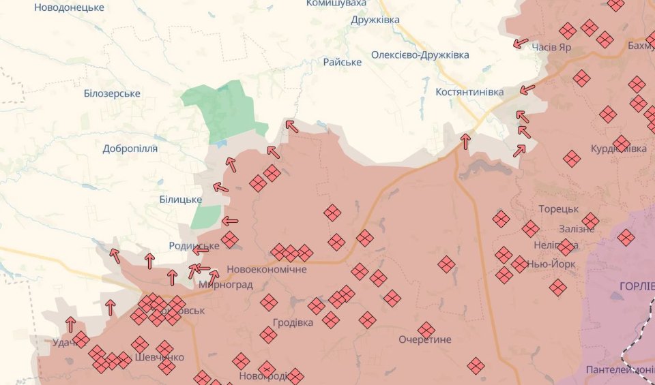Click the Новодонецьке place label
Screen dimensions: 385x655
click(70, 7)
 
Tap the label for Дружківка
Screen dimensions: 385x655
click(375, 20)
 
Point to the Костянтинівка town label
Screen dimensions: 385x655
click(469, 91)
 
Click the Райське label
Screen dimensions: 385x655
click(343, 62)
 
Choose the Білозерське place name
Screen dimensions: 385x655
click(112, 93)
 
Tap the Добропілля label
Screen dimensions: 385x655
click(130, 149)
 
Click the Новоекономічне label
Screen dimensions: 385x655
click(267, 269)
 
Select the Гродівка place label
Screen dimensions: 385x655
click(293, 322)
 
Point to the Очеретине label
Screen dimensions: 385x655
click(425, 339)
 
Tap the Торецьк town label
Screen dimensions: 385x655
click(558, 209)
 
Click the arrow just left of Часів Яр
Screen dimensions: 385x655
click(521, 44)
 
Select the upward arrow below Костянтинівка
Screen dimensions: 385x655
click(466, 141)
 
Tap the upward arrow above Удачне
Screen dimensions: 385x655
click(70, 324)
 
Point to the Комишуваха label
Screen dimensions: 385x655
click(336, 3)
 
